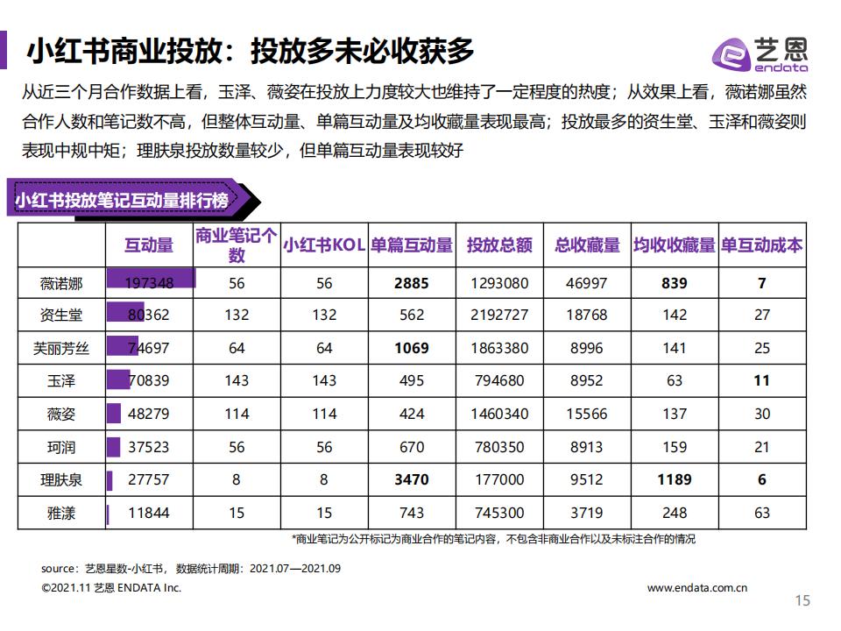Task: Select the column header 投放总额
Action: point(499,245)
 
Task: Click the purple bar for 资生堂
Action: point(125,315)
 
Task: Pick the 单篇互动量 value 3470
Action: point(412,479)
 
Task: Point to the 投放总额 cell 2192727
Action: point(499,315)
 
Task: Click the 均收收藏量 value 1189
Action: point(675,479)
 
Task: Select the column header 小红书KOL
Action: point(324,245)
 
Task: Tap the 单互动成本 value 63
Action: point(762,513)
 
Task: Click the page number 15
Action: point(802,600)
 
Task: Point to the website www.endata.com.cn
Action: point(697,588)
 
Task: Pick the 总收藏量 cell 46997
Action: point(587,283)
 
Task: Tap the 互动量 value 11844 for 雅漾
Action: point(149,513)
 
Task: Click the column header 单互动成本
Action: point(762,245)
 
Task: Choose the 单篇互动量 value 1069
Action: point(412,348)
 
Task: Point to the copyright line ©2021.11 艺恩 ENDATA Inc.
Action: point(111,588)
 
